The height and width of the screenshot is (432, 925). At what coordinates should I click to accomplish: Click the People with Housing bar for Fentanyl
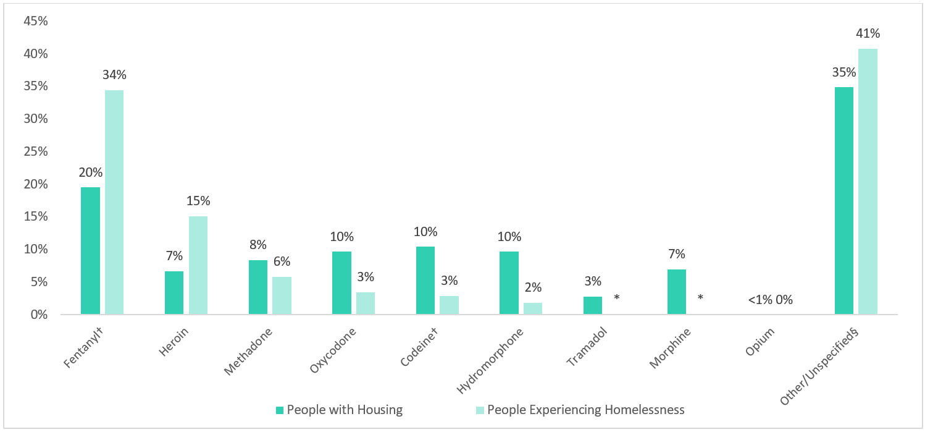click(90, 251)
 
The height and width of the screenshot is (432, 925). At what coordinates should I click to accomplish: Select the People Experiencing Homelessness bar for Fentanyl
click(114, 203)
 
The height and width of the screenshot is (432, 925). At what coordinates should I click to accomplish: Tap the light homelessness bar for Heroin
click(198, 266)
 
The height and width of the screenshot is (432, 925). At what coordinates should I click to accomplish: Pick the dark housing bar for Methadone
click(258, 287)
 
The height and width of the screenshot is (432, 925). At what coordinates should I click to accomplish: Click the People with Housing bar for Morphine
click(677, 292)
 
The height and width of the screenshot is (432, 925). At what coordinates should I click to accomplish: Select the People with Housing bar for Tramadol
click(593, 305)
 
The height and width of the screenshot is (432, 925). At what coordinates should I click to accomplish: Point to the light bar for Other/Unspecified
click(868, 182)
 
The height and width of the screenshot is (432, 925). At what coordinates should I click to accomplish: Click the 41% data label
click(868, 33)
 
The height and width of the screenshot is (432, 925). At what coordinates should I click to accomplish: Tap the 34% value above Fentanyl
click(114, 75)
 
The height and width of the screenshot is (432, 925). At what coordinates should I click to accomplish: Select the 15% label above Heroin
click(198, 201)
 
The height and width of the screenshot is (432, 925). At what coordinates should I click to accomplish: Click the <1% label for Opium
click(760, 300)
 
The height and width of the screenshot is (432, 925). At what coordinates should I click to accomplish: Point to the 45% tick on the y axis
click(35, 21)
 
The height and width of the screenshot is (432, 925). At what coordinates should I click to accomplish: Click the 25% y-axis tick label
click(35, 151)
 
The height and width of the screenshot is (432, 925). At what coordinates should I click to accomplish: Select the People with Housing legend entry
click(339, 410)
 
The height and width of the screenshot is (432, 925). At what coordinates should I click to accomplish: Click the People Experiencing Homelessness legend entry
click(580, 410)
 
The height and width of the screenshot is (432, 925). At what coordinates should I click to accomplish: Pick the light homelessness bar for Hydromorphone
click(532, 308)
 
